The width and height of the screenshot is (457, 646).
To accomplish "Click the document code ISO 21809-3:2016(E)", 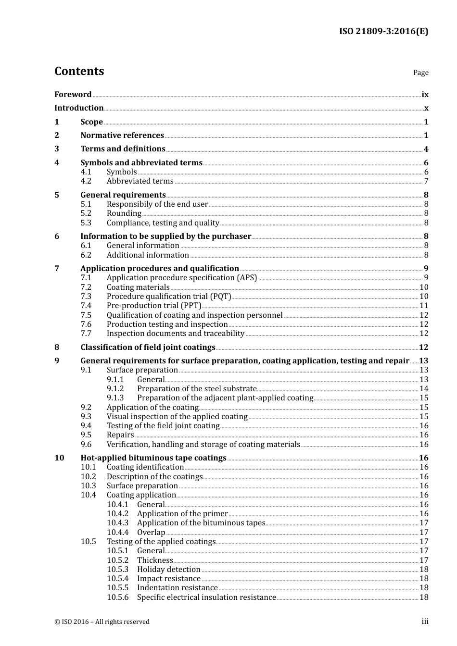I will tap(383, 31).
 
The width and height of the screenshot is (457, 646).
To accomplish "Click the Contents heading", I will tap(79, 71).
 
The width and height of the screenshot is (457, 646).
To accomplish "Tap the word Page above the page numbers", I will tap(420, 73).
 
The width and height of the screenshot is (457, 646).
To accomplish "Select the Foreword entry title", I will tap(73, 94).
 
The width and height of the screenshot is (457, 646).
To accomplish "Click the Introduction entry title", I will tap(79, 108).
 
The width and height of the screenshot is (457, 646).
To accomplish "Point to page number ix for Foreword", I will tap(425, 95).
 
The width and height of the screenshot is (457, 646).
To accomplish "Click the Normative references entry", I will tap(122, 136).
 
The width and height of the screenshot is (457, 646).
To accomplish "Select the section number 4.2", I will tap(86, 181).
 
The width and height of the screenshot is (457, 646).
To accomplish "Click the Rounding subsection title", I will tap(124, 213).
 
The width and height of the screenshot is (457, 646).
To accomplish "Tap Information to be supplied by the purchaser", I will tap(165, 236).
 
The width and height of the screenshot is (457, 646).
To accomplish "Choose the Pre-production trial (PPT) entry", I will tap(153, 306).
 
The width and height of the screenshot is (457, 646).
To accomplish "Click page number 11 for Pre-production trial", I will tap(424, 306).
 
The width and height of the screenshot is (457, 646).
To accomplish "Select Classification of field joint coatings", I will tap(148, 348).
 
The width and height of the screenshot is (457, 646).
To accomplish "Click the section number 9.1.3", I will tap(115, 398).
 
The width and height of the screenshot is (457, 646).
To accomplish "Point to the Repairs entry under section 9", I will tap(120, 435).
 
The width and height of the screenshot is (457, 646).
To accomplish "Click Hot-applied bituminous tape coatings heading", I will tap(153, 458).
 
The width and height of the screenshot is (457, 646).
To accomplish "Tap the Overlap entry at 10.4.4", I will tap(151, 533).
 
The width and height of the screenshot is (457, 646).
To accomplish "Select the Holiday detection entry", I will tap(168, 570).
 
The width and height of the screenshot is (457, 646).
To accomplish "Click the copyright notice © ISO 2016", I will tap(102, 622).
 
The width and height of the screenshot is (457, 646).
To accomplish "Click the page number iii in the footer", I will tap(425, 621).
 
